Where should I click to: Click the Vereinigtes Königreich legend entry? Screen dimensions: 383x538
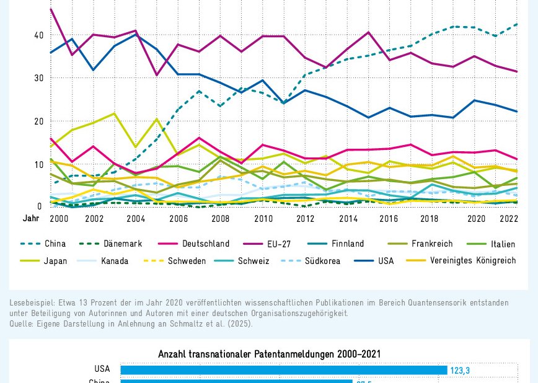[471, 261]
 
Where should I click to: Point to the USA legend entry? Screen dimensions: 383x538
[386, 261]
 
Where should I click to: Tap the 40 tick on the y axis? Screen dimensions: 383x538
[38, 35]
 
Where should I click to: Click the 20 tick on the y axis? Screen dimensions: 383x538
[38, 121]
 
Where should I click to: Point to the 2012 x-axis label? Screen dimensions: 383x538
[305, 219]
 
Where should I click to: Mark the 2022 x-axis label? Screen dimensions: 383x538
[508, 219]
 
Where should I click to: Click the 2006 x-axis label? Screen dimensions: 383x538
[178, 219]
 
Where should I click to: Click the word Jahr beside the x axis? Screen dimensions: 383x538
[31, 219]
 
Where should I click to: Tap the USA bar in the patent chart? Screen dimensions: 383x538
[283, 370]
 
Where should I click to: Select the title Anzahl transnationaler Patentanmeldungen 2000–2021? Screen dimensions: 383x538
[269, 354]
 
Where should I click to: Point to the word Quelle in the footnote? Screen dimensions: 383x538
[22, 324]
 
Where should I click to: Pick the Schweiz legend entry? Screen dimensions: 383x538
[254, 261]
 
